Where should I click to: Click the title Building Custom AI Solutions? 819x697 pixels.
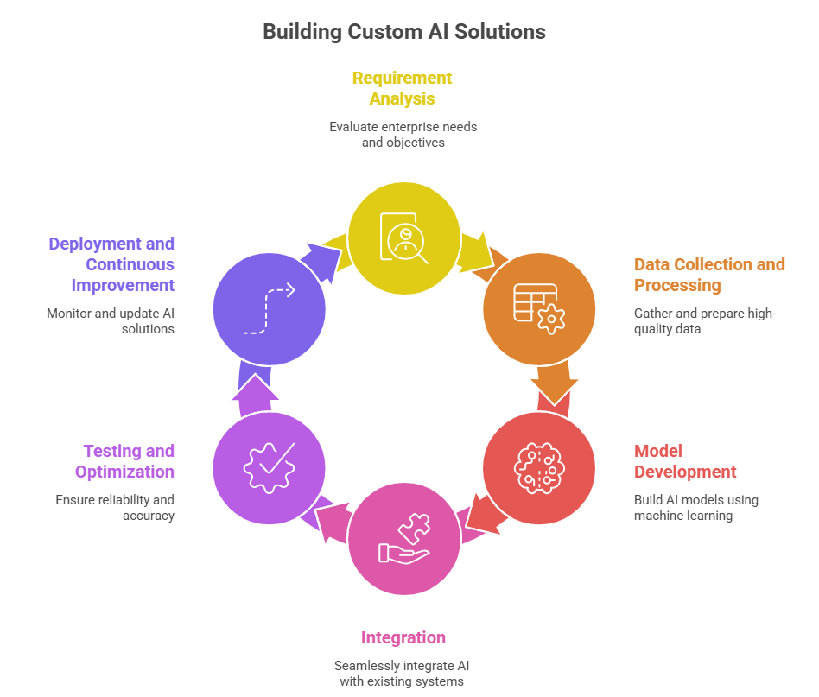404,32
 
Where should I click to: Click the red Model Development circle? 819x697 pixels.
538,467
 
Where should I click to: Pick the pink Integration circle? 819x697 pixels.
403,541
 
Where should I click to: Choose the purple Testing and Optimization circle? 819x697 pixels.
269,467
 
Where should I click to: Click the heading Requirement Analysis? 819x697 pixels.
402,88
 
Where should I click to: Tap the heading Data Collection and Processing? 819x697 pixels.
709,275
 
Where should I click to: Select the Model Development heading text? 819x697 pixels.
684,461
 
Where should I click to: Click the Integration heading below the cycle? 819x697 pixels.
403,638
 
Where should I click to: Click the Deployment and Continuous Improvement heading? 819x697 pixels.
111,264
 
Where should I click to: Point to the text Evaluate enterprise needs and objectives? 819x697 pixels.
403,134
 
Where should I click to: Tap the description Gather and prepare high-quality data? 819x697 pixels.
705,320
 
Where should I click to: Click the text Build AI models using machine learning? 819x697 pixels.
695,508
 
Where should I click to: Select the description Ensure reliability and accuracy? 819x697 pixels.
115,508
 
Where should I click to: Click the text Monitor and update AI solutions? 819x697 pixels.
110,320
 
